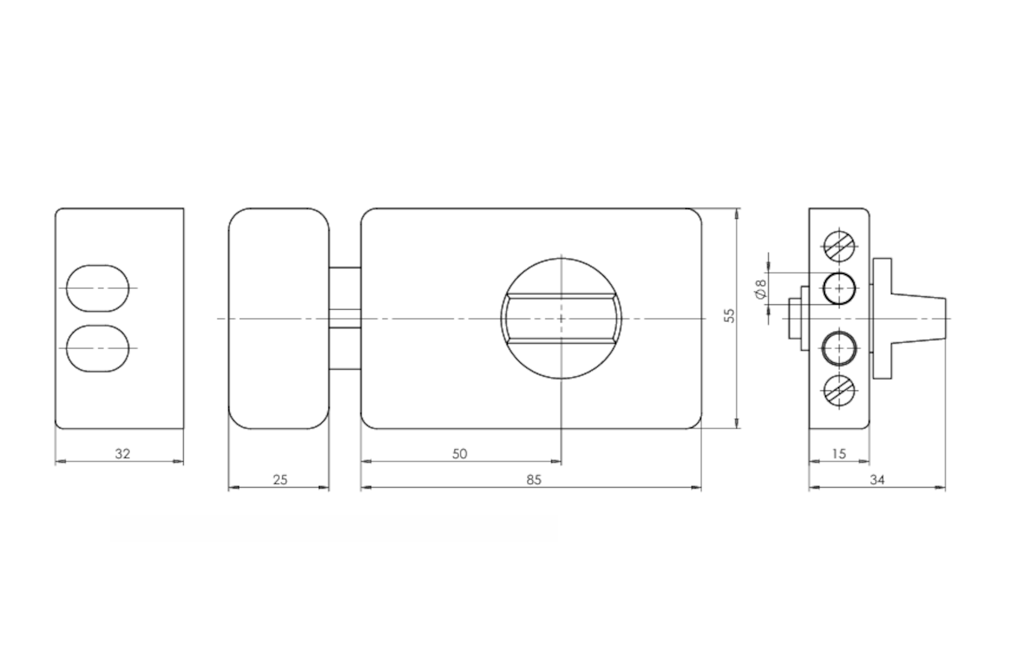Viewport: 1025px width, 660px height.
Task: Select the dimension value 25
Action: [x=280, y=480]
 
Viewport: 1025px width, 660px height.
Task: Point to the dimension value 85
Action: [x=534, y=480]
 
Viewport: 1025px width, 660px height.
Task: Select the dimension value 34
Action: [x=877, y=480]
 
